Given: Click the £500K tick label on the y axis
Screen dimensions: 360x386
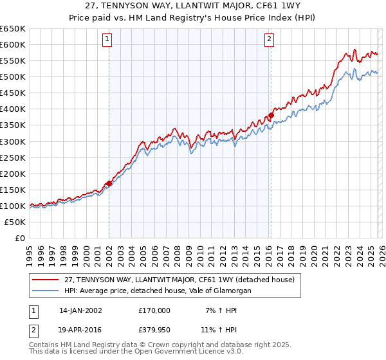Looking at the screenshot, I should [13, 77].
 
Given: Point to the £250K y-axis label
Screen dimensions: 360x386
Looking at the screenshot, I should [13, 157].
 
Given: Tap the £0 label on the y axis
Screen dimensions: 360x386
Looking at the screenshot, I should [20, 239].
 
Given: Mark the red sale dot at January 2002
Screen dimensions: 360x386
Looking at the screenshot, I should [109, 183].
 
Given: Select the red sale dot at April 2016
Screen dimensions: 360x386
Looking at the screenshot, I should [271, 116].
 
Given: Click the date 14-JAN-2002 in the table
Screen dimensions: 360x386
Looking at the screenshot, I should [82, 310].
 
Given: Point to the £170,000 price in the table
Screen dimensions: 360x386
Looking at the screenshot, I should [154, 310].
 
